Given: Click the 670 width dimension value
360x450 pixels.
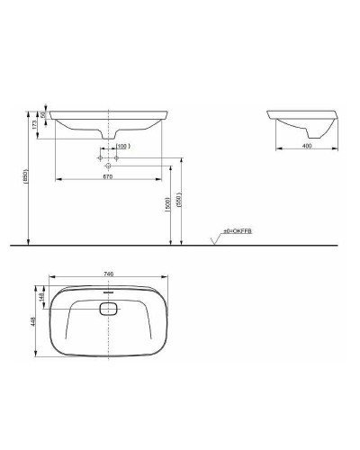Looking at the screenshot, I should (x=109, y=177).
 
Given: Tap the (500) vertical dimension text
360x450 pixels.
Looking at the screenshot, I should (x=168, y=206).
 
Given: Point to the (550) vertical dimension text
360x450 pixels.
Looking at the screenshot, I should (x=180, y=202).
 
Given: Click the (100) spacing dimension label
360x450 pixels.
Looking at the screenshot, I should (x=123, y=145).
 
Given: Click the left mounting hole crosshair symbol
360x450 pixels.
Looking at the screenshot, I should (x=99, y=158).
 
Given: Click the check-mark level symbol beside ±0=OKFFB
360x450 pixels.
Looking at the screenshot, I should (x=214, y=238).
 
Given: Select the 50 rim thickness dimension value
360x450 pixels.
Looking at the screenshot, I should (x=42, y=115).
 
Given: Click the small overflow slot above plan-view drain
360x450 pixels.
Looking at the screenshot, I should (x=109, y=292).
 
